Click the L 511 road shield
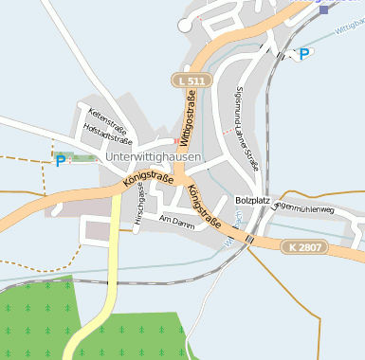(189, 82)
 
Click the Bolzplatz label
(252, 201)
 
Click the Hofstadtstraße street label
(107, 135)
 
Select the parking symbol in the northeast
(304, 54)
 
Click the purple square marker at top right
(325, 9)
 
